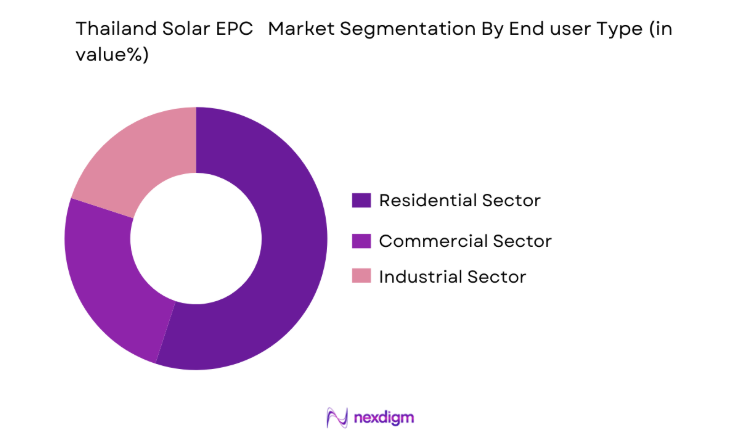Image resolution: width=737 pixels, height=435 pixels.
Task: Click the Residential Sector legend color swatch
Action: pyautogui.click(x=361, y=200)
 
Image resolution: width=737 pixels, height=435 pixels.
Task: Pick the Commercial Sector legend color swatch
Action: pyautogui.click(x=361, y=240)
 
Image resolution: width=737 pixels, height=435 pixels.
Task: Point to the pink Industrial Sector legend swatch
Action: pyautogui.click(x=361, y=276)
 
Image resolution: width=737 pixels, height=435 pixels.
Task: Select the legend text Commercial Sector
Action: pyautogui.click(x=465, y=240)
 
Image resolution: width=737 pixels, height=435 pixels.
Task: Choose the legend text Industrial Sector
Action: pyautogui.click(x=452, y=276)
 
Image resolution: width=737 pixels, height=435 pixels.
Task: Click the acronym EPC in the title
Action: pyautogui.click(x=241, y=30)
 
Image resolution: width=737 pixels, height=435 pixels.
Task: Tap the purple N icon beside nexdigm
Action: pyautogui.click(x=336, y=416)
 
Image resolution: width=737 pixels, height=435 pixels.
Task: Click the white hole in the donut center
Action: pyautogui.click(x=196, y=238)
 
